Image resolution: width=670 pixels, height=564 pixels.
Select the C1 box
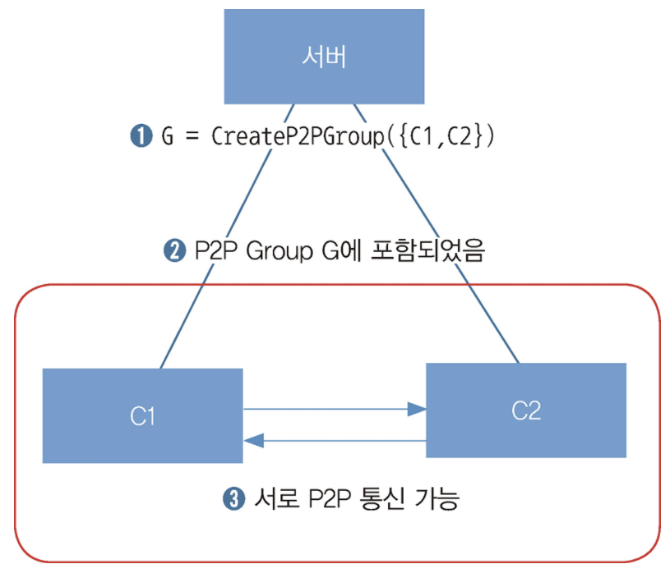[x=142, y=415]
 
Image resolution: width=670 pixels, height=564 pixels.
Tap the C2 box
[x=525, y=410]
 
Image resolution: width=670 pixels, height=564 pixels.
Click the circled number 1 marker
[x=140, y=135]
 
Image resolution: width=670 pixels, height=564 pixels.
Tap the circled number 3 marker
[x=233, y=499]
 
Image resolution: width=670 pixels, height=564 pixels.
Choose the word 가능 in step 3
[x=433, y=499]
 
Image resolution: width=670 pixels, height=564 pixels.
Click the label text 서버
[x=325, y=57]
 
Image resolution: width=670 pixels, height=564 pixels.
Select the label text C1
[x=142, y=416]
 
